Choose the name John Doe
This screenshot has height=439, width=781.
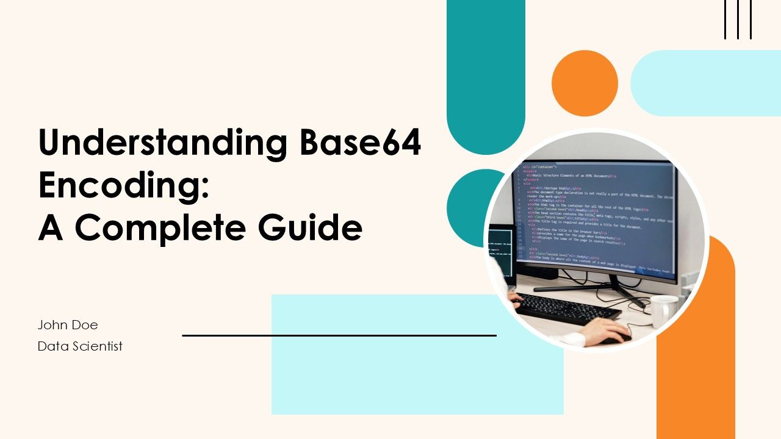(x=68, y=325)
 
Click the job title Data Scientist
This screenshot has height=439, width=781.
(x=80, y=346)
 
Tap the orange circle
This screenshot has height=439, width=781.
(x=585, y=84)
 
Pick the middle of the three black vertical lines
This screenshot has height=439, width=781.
(x=738, y=20)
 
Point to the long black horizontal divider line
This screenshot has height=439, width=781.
(x=339, y=335)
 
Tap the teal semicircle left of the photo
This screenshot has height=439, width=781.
(x=467, y=207)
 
